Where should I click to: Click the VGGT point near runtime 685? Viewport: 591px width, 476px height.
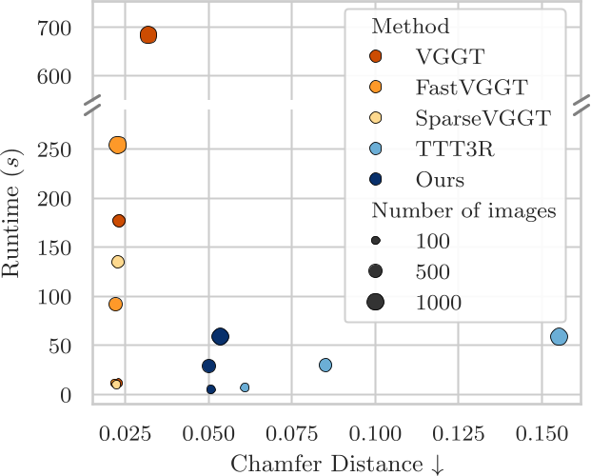coord(148,35)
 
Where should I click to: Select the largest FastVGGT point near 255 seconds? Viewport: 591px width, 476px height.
coord(118,145)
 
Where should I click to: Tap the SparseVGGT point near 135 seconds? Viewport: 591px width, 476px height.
coord(118,262)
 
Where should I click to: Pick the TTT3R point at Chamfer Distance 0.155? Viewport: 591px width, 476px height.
coord(559,336)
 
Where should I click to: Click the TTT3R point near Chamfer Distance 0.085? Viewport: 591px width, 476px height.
coord(325,365)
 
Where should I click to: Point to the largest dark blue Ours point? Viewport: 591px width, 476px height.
coord(221,336)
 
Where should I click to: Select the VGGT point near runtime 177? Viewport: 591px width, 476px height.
coord(119,221)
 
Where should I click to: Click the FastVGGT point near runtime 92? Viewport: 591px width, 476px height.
coord(115,305)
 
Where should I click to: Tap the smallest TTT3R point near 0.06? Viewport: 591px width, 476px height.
coord(245,387)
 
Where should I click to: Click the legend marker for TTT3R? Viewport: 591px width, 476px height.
coord(376,149)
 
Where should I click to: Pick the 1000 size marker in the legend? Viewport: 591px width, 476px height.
coord(376,302)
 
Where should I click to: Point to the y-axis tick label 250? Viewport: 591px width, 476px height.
coord(56,150)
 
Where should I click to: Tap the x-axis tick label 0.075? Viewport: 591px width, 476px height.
coord(292,432)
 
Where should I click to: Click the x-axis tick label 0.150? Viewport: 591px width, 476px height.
coord(542,432)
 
